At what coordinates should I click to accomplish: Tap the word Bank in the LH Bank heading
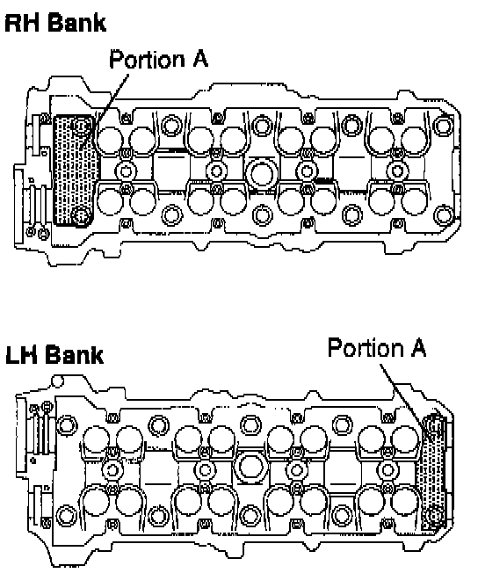[x=76, y=354]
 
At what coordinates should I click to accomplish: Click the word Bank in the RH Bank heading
[x=77, y=23]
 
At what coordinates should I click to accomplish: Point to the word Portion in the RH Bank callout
[x=147, y=59]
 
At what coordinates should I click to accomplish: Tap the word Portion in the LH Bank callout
[x=365, y=347]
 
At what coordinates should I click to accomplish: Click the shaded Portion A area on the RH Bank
[x=74, y=170]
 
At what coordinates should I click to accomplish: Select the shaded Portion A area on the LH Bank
[x=434, y=472]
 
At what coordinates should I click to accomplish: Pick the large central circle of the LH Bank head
[x=250, y=468]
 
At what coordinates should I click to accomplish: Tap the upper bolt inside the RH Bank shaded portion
[x=81, y=126]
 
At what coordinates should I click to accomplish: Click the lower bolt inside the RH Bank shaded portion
[x=81, y=215]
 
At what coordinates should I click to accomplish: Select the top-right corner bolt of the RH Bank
[x=443, y=125]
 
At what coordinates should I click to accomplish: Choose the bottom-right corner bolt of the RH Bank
[x=443, y=214]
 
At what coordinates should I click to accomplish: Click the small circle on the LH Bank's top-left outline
[x=57, y=381]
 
